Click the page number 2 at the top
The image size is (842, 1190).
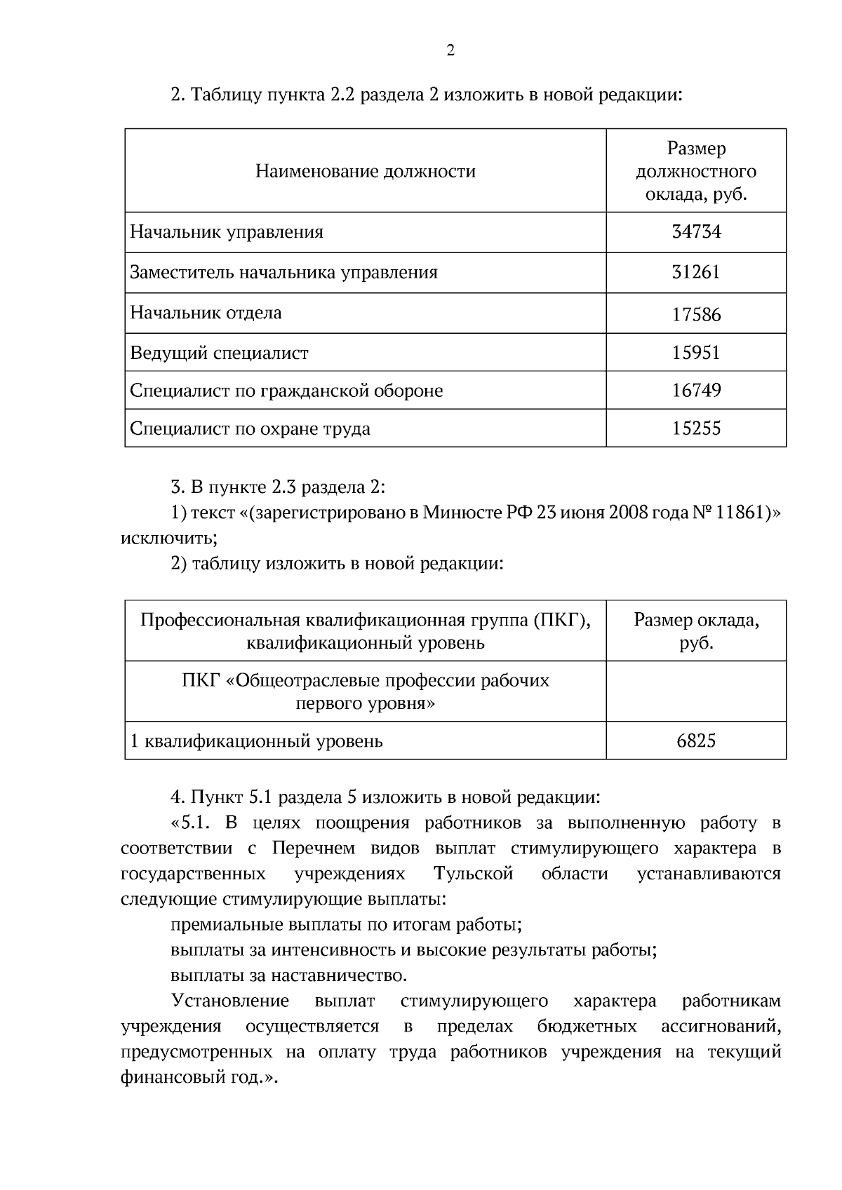[450, 50]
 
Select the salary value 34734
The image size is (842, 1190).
[696, 232]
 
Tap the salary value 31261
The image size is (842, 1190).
[696, 272]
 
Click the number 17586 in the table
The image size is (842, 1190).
[696, 314]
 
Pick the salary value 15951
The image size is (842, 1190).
[696, 353]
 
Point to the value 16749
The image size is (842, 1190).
[696, 391]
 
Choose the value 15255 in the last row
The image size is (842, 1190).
[696, 428]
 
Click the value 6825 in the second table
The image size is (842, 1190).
[696, 741]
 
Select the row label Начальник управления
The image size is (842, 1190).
[227, 232]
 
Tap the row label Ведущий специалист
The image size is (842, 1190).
[219, 353]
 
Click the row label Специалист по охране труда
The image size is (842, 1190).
[250, 428]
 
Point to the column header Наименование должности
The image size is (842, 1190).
[365, 171]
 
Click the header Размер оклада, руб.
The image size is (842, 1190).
[696, 631]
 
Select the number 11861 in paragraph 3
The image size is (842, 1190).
[740, 513]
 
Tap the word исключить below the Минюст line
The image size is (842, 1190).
[166, 539]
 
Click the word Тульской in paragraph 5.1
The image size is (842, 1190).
[474, 874]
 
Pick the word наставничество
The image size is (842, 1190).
[338, 975]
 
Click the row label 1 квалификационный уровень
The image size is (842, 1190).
[257, 741]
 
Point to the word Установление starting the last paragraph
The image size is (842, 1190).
[230, 1001]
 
